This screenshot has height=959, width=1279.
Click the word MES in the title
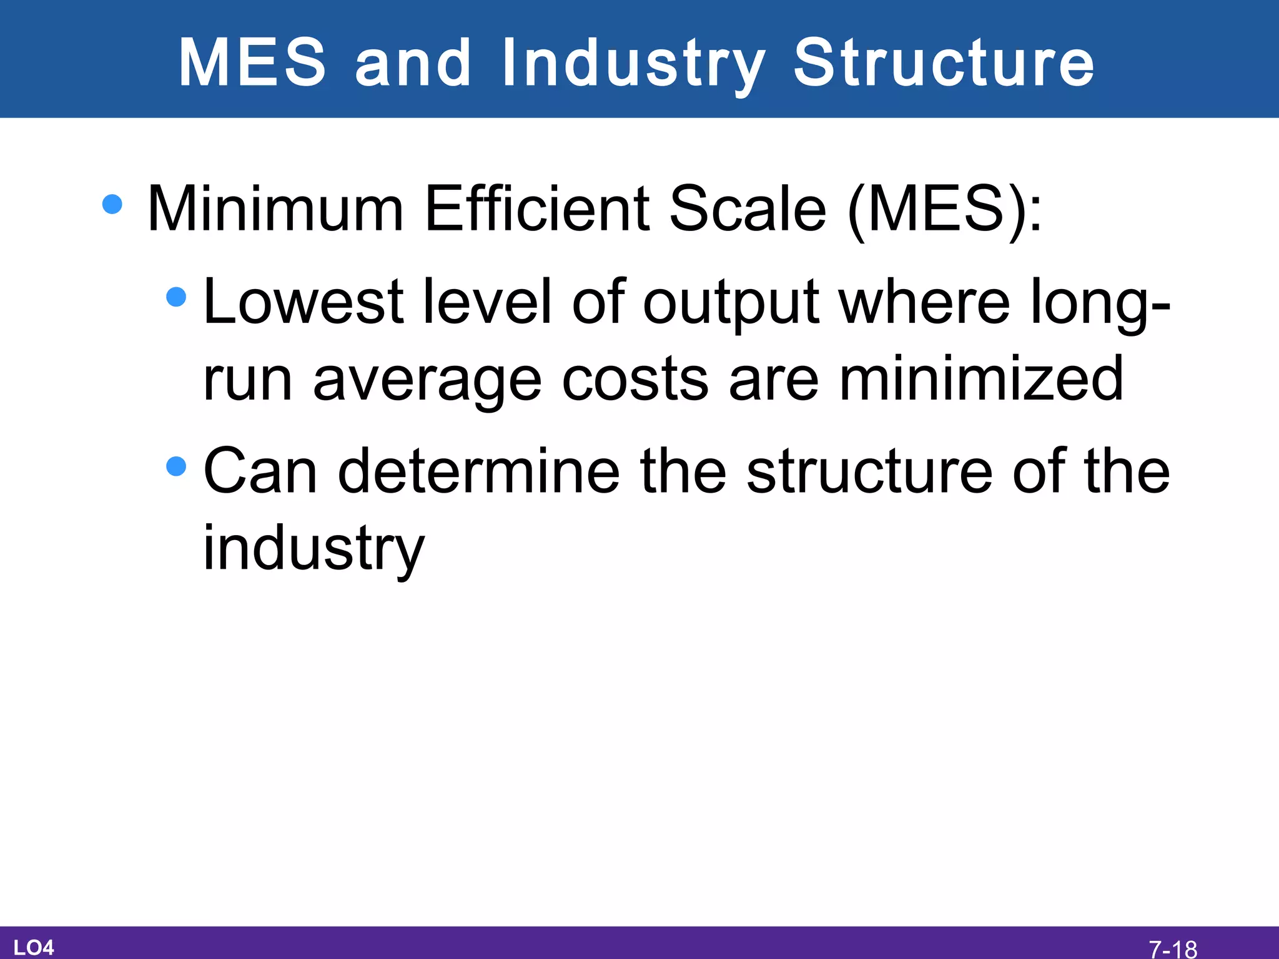[252, 62]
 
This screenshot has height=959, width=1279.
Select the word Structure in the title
[944, 62]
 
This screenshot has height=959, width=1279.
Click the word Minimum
[275, 209]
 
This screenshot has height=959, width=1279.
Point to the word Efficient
[537, 209]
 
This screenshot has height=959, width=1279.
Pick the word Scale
[748, 209]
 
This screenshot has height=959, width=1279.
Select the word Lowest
[303, 302]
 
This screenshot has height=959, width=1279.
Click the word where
[924, 302]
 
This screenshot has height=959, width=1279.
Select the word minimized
[980, 378]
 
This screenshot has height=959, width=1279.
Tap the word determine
[479, 471]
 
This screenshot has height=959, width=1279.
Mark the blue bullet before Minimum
[112, 204]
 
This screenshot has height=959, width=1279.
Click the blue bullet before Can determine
[177, 466]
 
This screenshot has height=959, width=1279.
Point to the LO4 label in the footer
[34, 947]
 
